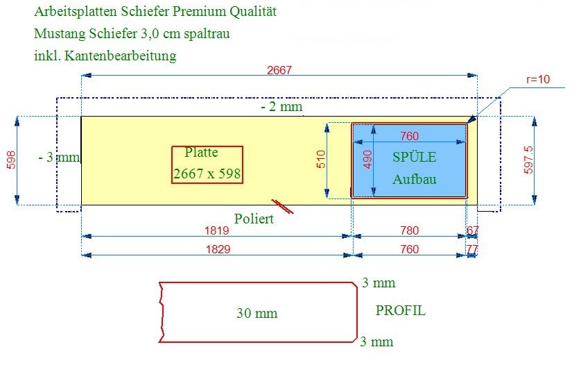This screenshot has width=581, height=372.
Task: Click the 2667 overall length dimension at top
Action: pos(279,69)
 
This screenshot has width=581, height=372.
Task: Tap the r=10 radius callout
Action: pos(538,79)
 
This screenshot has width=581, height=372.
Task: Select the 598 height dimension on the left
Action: pos(12,160)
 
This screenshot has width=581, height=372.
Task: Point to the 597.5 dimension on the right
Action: pos(528,160)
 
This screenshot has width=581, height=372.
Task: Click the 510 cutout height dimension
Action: pos(321,159)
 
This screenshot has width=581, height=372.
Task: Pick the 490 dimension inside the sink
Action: pos(367,160)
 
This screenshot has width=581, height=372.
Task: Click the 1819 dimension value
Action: pos(217,230)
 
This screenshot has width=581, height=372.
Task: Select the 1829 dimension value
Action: pos(218,249)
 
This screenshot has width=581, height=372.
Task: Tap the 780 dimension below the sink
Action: pos(410,230)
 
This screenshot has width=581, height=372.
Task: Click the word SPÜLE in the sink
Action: pos(415,157)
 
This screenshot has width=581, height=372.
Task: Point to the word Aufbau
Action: pos(415,180)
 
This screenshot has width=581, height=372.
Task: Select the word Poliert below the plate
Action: pos(254,219)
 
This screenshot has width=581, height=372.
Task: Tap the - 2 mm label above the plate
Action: pos(281,107)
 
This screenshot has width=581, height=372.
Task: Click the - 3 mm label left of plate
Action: pos(60,158)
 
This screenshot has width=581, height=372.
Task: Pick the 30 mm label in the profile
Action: pos(257,314)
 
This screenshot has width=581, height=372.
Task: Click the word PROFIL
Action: pos(401,310)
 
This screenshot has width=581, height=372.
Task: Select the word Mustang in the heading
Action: pos(60,34)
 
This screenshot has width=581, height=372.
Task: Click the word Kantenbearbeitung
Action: pos(120,56)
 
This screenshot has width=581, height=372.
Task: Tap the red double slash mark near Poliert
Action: pos(283,207)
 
